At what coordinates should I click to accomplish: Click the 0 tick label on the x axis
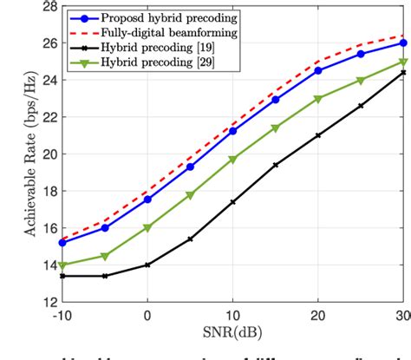pos(147,317)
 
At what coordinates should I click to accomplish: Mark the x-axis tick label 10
pos(232,317)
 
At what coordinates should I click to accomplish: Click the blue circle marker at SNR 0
pos(147,200)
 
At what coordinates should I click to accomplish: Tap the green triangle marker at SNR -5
pos(105,256)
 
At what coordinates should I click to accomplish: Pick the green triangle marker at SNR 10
pos(232,160)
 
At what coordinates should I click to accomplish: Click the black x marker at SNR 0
pos(147,265)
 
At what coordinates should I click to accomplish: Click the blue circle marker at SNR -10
pos(62,243)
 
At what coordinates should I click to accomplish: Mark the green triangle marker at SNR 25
pos(361,80)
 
